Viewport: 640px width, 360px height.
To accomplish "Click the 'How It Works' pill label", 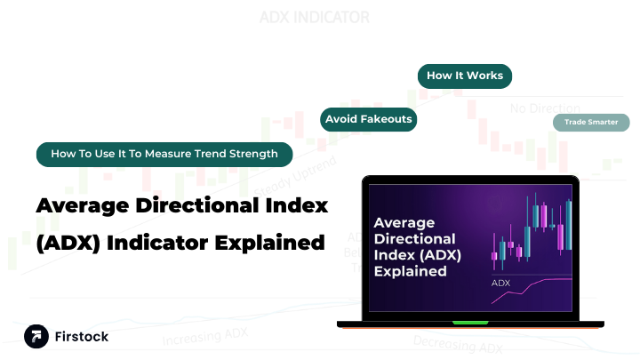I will pos(465,76).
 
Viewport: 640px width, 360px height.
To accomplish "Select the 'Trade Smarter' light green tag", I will pos(591,122).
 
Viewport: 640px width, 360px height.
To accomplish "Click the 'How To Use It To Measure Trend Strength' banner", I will pos(164,154).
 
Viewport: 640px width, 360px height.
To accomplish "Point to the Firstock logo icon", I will pos(36,335).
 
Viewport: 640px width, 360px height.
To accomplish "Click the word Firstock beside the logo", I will pos(81,335).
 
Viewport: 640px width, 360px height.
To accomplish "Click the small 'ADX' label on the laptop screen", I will pos(501,284).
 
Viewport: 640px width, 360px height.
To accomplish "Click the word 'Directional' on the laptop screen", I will pos(414,239).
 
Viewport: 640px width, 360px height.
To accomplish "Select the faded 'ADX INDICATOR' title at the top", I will pos(315,17).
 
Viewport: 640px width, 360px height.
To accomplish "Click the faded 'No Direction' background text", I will pos(544,108).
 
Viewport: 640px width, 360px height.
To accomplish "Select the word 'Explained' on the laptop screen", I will pos(411,270).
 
